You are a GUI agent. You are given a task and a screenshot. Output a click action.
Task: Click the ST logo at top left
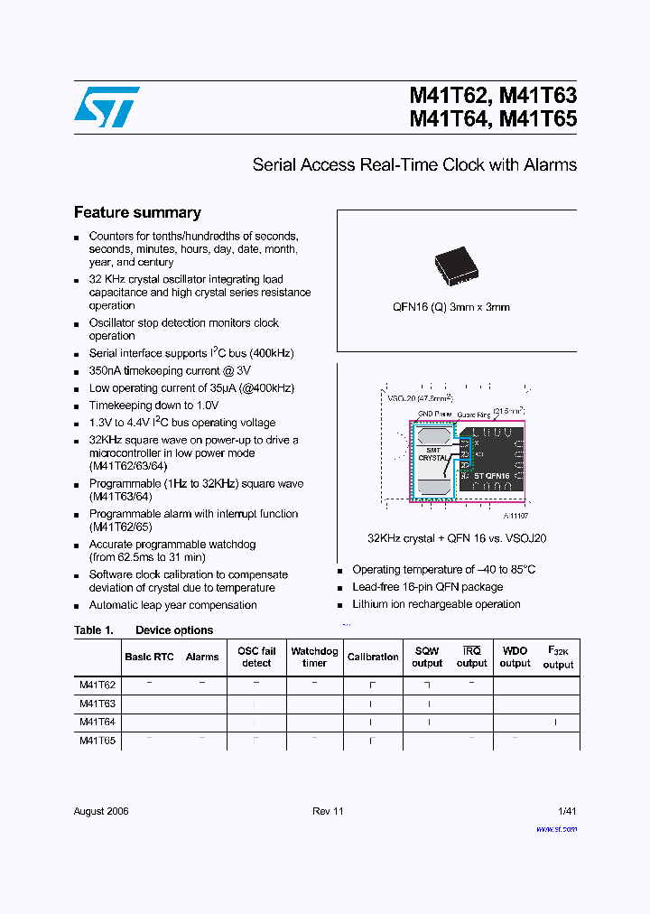coord(107,107)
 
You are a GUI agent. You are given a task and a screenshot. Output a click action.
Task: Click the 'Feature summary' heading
coord(137,213)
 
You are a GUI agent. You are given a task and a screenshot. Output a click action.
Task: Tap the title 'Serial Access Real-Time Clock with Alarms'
coord(414,165)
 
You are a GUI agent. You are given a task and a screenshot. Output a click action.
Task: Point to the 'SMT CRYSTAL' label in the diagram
coord(433,454)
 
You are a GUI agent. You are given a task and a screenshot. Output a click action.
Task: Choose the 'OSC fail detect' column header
coord(256,657)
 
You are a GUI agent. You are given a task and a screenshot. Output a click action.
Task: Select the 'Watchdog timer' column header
coord(314,657)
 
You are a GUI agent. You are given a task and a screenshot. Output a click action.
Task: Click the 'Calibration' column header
coord(373,658)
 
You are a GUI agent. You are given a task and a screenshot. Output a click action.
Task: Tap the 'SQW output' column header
coord(427,657)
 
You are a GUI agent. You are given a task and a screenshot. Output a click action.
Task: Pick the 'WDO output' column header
coord(515,657)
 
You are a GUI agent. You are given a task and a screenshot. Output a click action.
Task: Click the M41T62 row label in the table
coord(97,685)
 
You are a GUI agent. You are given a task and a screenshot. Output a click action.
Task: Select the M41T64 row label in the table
coord(97,722)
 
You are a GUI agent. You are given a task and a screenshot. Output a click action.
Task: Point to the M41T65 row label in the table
coord(97,740)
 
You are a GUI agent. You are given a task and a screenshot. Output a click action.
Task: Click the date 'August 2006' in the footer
coord(101,811)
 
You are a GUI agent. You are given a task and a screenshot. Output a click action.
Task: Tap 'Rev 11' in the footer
coord(329,811)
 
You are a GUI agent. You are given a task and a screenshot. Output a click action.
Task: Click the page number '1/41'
coord(567,811)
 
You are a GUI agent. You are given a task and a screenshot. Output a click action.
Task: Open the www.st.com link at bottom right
coord(556,828)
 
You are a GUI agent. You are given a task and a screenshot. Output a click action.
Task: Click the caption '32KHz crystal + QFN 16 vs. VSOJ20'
coord(457,538)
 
